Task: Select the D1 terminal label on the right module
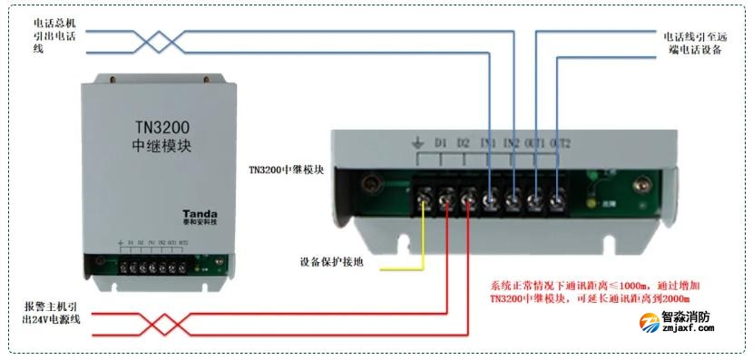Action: (441, 143)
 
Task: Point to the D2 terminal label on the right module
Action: (464, 143)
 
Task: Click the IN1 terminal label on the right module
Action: (488, 143)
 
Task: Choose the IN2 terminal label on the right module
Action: (512, 143)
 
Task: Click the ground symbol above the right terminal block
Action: (418, 142)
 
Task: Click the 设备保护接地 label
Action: (331, 263)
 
